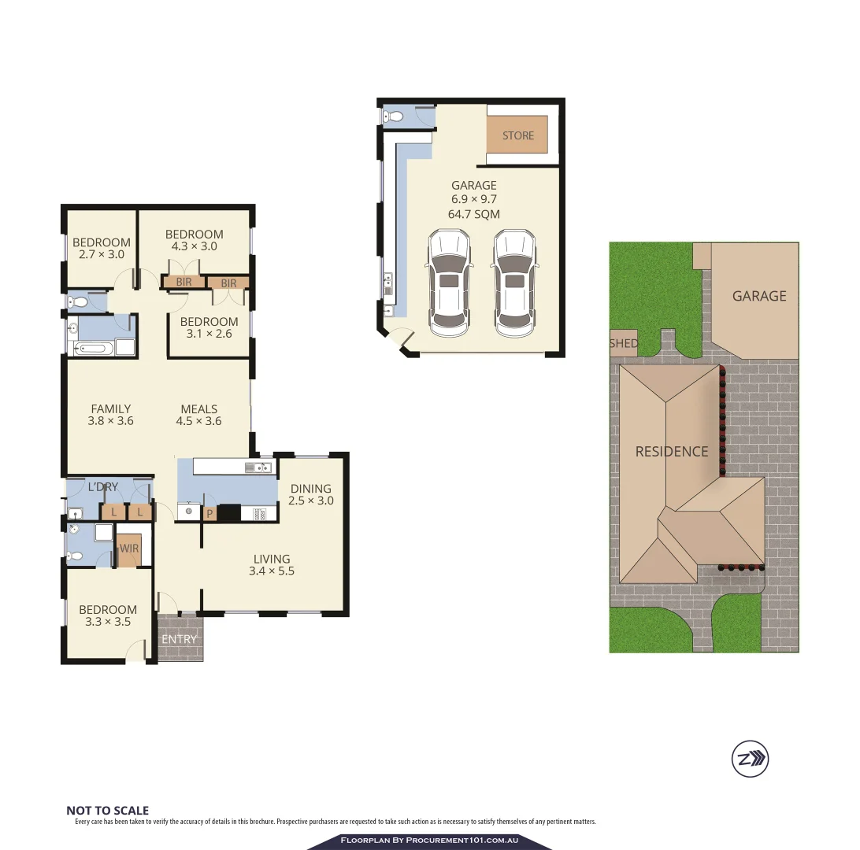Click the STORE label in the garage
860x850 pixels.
click(518, 136)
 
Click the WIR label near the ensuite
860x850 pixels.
click(129, 549)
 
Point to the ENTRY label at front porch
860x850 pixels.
click(180, 639)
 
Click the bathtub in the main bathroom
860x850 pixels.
click(93, 348)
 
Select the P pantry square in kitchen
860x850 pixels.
click(210, 514)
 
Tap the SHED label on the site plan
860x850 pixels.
click(623, 343)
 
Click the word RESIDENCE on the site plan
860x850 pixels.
click(672, 452)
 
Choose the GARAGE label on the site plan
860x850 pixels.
click(759, 296)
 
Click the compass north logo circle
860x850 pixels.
click(749, 759)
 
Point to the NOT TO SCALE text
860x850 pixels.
click(107, 811)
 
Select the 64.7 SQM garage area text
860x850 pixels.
click(473, 214)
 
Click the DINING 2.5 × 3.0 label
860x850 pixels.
click(311, 494)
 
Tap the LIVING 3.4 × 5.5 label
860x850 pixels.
click(272, 565)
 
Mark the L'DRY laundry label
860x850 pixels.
click(102, 487)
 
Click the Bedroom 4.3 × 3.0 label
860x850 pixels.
click(194, 240)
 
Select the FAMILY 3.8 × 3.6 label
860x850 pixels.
click(111, 415)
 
